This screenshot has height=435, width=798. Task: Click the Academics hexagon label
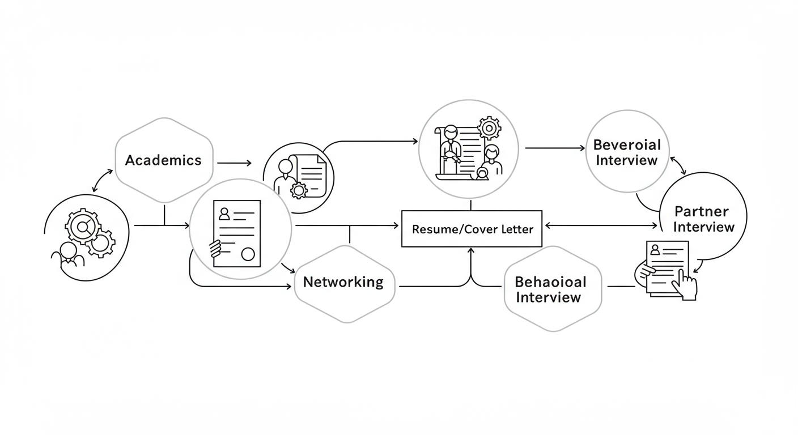pyautogui.click(x=163, y=160)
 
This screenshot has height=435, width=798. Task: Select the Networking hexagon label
pyautogui.click(x=343, y=282)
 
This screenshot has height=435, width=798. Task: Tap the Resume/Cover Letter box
pyautogui.click(x=472, y=229)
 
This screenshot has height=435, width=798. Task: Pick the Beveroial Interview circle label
pyautogui.click(x=627, y=152)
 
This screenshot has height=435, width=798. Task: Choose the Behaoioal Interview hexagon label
pyautogui.click(x=550, y=289)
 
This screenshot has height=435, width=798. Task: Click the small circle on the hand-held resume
pyautogui.click(x=248, y=254)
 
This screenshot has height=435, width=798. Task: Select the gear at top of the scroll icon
pyautogui.click(x=489, y=128)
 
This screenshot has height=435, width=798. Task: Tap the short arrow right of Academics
pyautogui.click(x=234, y=163)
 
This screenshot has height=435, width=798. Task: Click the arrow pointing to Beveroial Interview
pyautogui.click(x=555, y=148)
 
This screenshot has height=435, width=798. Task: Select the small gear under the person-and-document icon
pyautogui.click(x=298, y=190)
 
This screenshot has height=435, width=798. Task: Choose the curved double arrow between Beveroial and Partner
pyautogui.click(x=678, y=165)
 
